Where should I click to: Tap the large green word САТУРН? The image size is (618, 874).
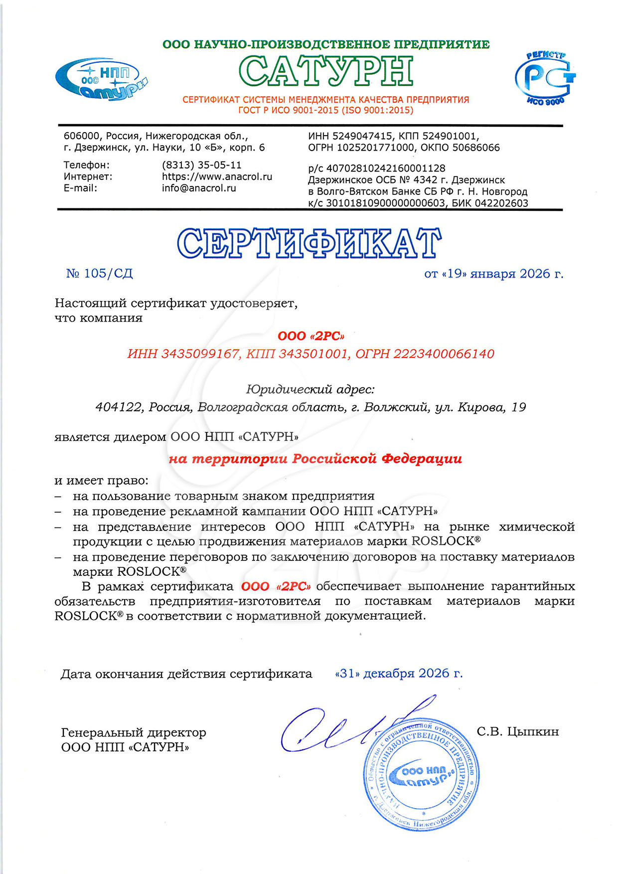pos(326,71)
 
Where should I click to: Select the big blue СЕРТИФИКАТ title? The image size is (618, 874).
pos(309,243)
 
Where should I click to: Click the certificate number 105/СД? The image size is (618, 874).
pos(108,273)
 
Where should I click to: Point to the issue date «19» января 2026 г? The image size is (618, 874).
pos(493,274)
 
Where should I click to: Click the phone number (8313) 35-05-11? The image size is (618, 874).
pos(201,165)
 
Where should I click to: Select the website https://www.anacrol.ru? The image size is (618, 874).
pos(217,176)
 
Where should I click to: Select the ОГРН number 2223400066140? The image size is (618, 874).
pos(444,354)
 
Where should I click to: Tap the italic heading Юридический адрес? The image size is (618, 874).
pos(310,389)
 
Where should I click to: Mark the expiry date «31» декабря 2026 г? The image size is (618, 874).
pos(399,673)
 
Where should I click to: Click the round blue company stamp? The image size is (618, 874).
pos(421,775)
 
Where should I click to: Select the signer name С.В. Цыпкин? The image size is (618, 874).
pos(517,731)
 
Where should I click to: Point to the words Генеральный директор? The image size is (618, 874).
pos(133,732)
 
